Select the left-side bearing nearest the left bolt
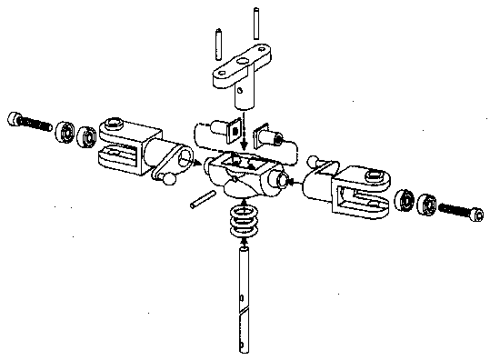tap(65, 130)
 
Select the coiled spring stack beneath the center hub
tap(242, 223)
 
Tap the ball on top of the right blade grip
tap(315, 162)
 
